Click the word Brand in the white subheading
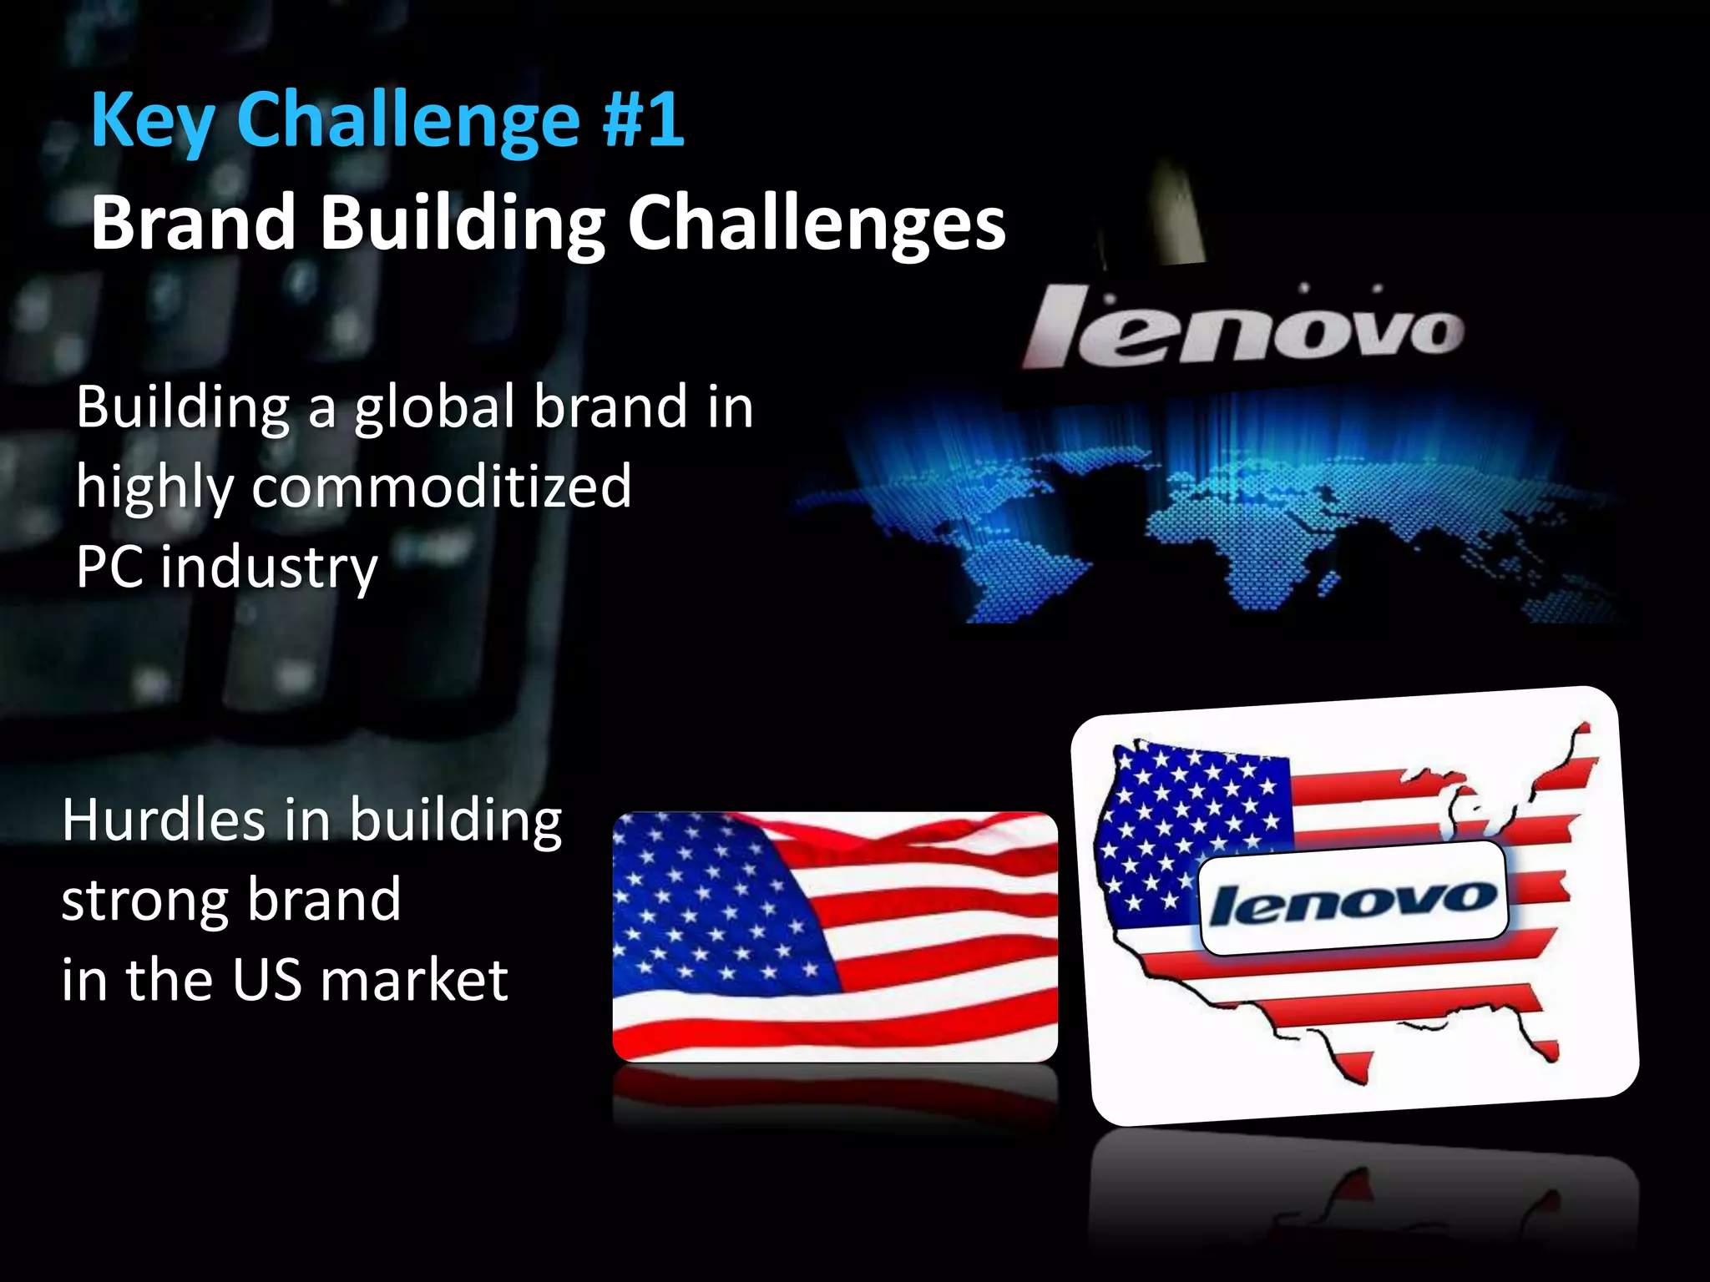tap(193, 223)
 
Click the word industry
tap(269, 567)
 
